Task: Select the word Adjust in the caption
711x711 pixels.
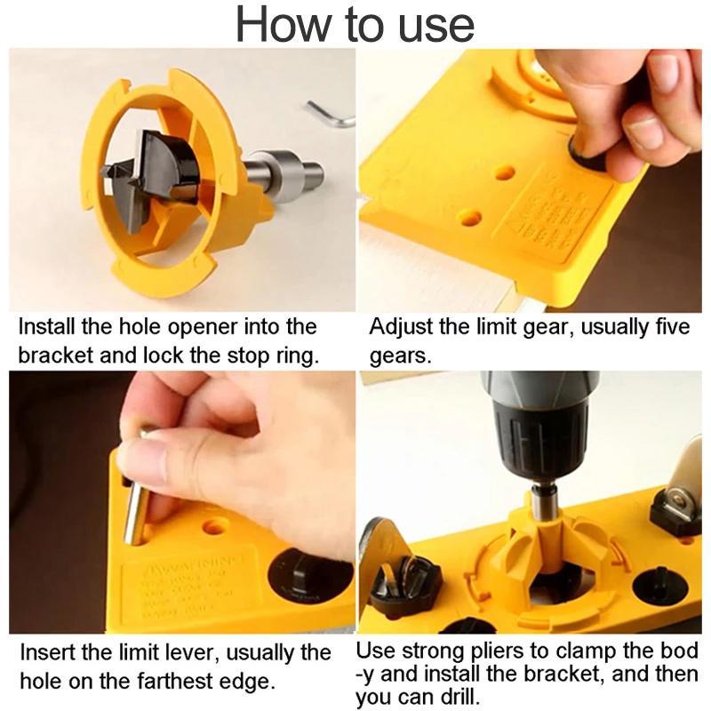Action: pos(399,327)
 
